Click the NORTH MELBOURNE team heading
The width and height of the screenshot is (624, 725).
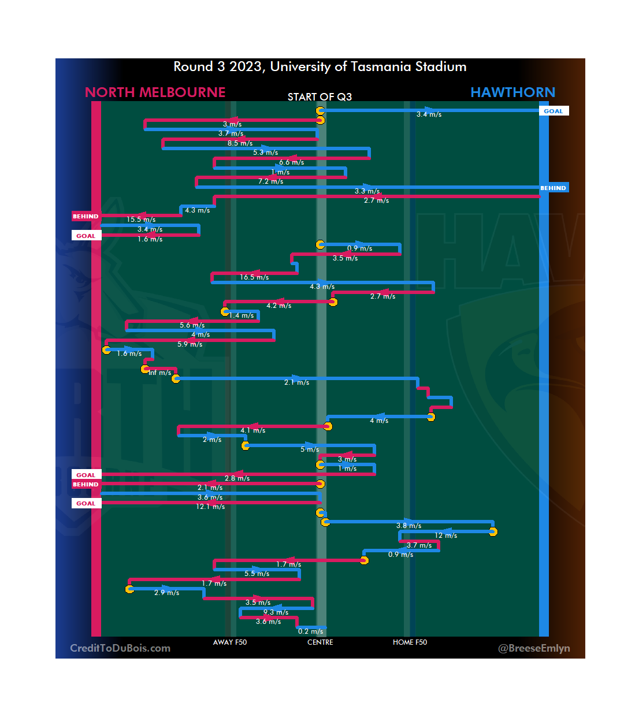(155, 92)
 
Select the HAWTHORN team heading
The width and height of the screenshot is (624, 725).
(512, 92)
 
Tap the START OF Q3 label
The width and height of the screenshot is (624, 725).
(320, 97)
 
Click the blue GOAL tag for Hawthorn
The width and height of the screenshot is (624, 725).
(553, 111)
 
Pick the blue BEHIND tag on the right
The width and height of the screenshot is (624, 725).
(553, 188)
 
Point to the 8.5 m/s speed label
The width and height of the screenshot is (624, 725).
(240, 143)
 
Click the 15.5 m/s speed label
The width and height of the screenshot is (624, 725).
(141, 220)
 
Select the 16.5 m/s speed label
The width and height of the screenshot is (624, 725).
(254, 277)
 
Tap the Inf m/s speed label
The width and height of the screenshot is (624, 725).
(159, 373)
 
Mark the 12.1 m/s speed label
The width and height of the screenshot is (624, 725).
(210, 507)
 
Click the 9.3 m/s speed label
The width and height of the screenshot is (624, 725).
(276, 612)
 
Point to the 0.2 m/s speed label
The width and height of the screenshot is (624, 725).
(310, 631)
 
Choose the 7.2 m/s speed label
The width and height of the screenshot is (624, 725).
(270, 181)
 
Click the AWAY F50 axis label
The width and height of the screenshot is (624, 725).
(230, 642)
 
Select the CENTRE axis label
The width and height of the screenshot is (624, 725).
(320, 642)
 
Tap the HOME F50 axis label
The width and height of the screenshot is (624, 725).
(410, 642)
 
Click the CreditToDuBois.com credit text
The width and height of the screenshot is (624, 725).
(120, 648)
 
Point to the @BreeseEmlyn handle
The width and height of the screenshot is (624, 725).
(534, 648)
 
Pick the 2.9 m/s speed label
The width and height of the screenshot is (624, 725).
(166, 593)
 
